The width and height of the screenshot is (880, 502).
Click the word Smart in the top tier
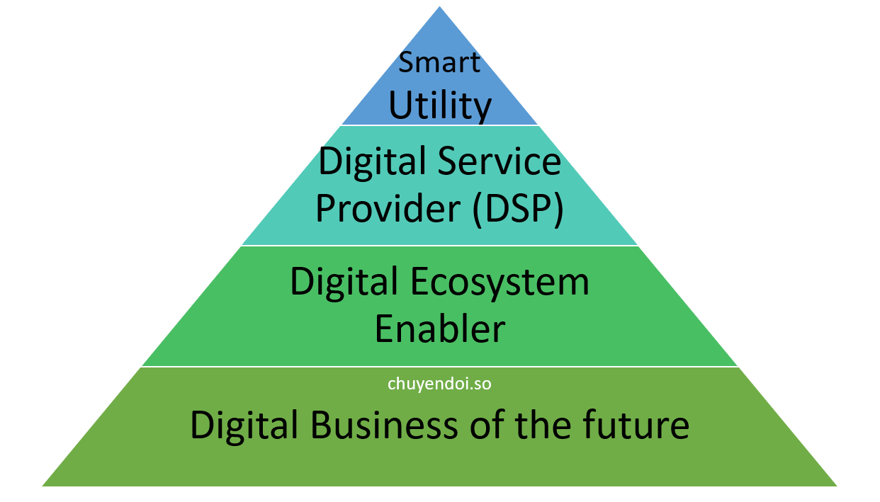(439, 62)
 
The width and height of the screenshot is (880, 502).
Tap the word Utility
(440, 105)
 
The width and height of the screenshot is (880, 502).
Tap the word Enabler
(440, 329)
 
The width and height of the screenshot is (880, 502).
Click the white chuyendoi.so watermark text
(440, 384)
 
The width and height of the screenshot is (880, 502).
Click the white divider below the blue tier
(440, 125)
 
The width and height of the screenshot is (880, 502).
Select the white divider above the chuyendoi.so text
(440, 367)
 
